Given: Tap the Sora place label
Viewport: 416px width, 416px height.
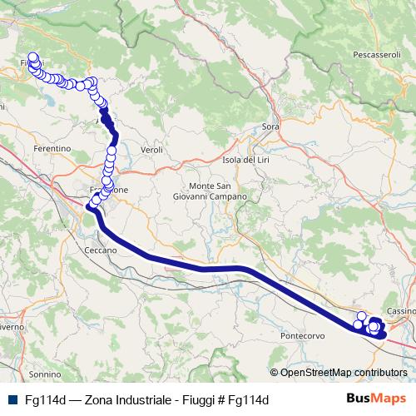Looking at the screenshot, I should (270, 126).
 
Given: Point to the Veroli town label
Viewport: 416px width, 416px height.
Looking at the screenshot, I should (151, 149).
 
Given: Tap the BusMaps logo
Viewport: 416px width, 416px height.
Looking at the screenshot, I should (376, 400).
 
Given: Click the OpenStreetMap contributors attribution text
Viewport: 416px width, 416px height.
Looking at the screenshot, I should (343, 372).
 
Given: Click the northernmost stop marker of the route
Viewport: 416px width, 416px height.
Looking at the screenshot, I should (33, 57).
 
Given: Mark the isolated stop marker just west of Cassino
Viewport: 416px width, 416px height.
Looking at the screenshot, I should (361, 316).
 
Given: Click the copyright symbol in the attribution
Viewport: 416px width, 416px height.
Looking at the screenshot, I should (275, 372).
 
